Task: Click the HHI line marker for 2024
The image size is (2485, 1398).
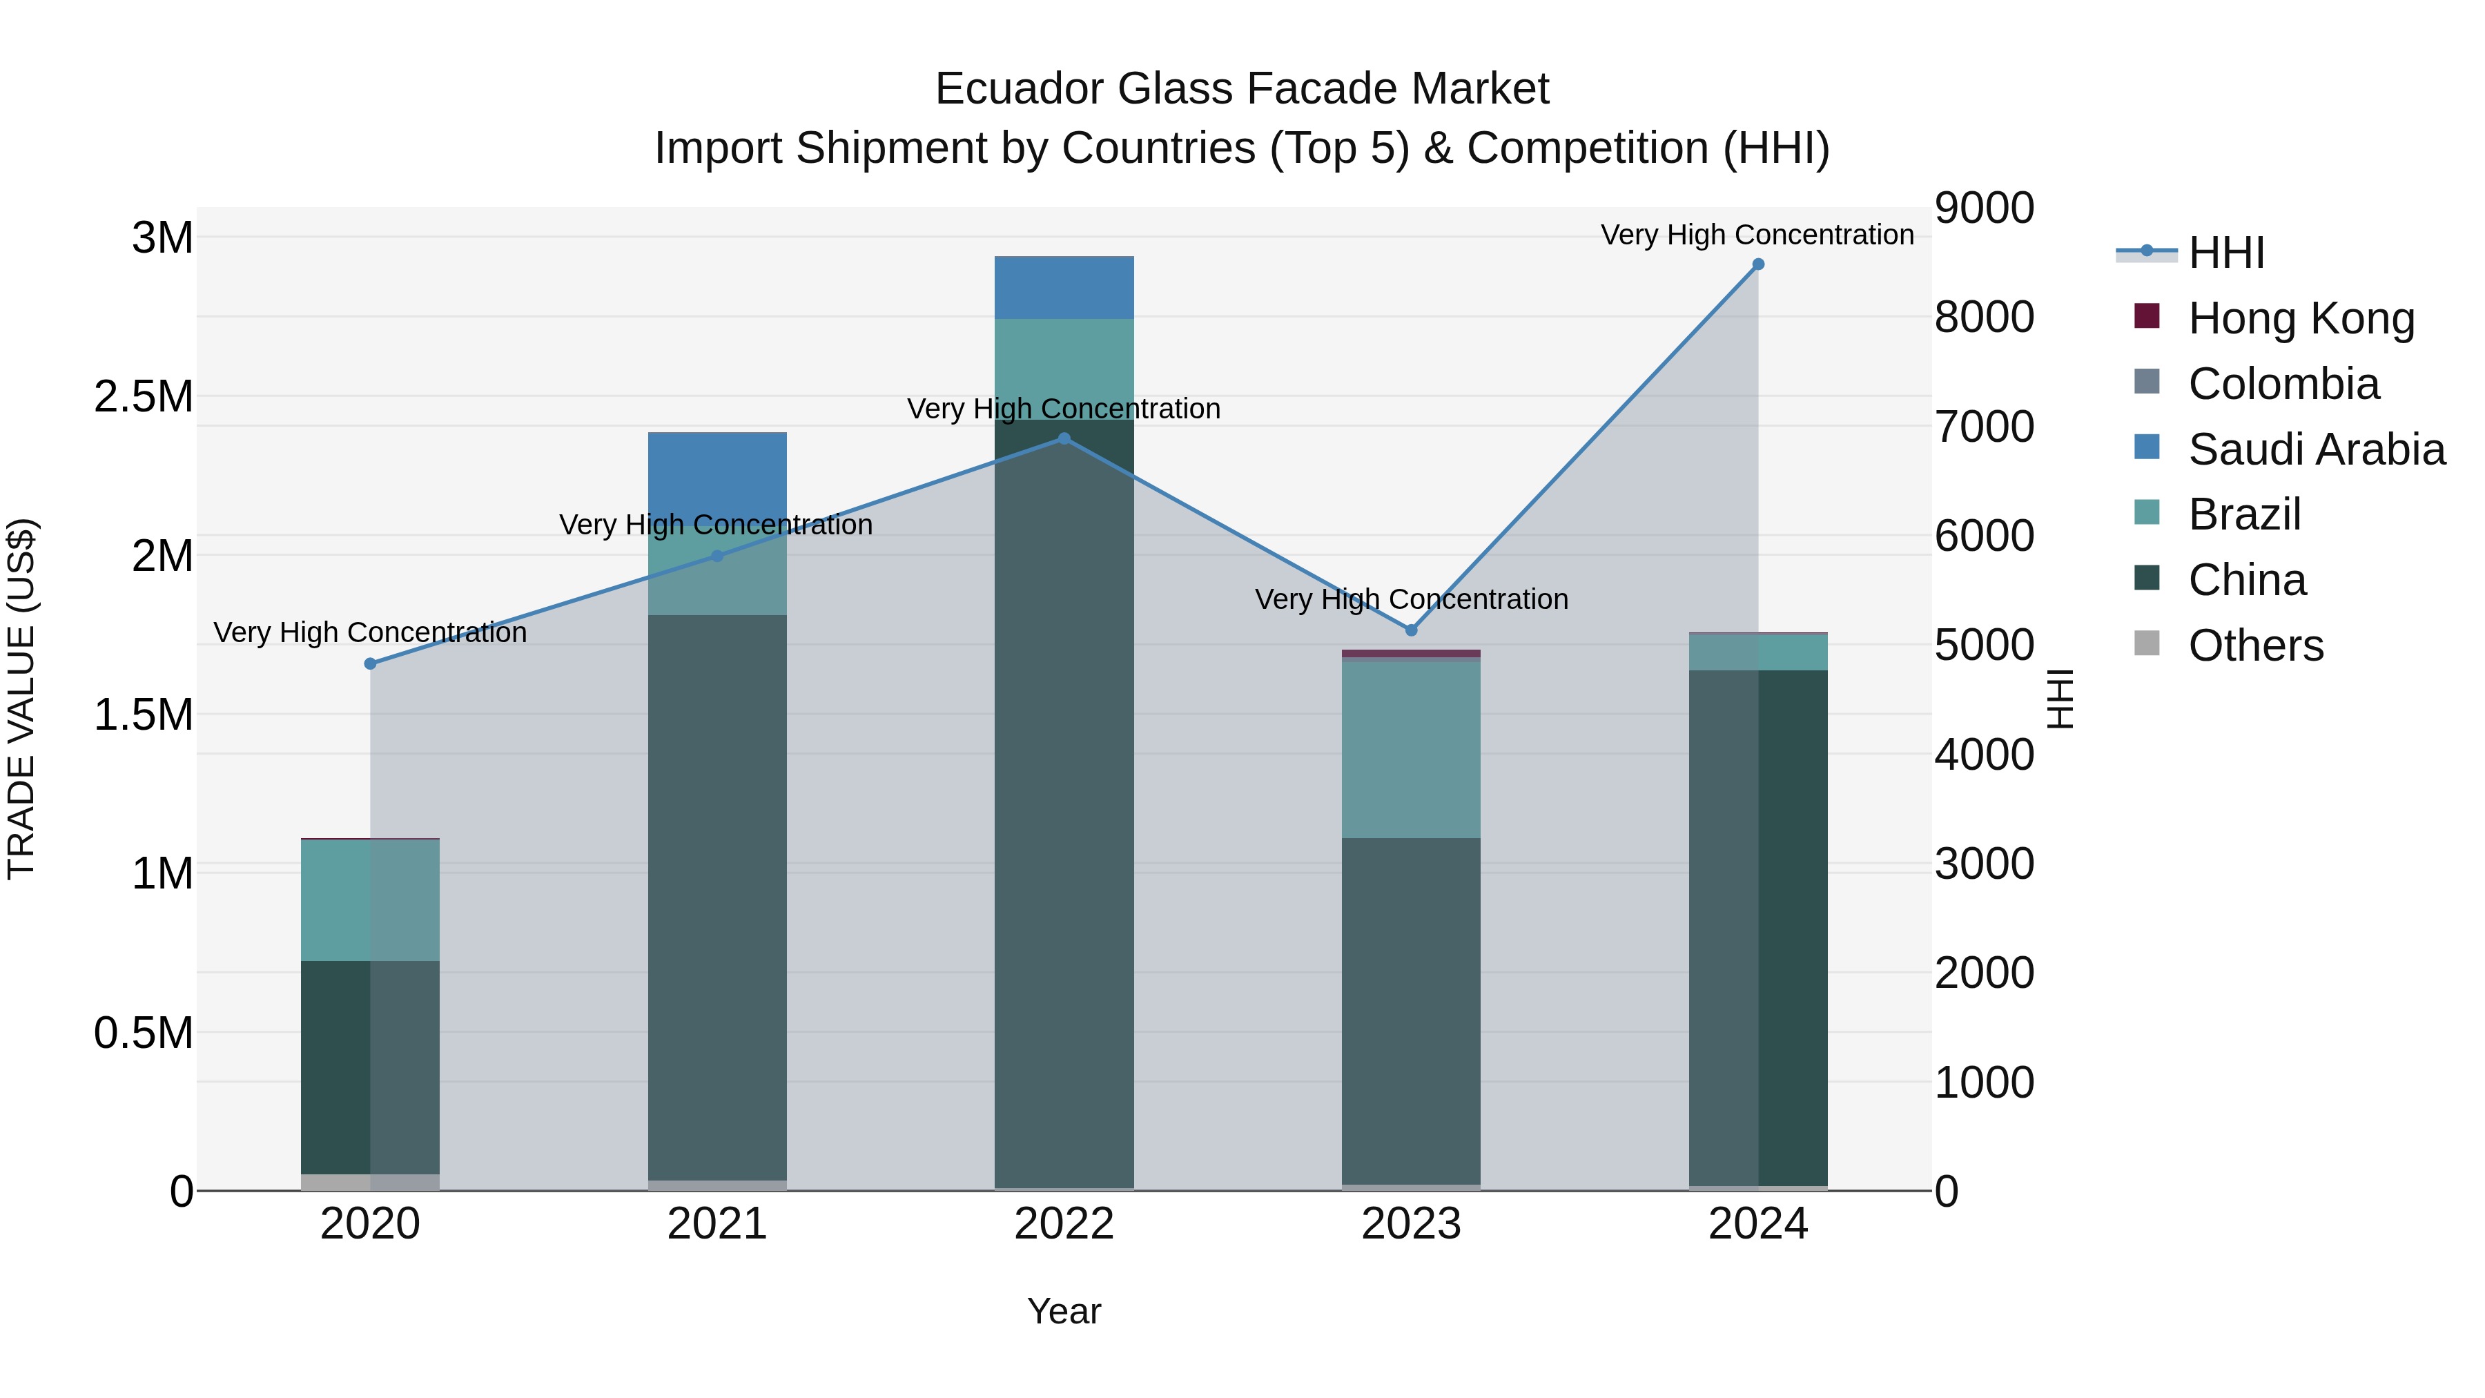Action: pos(1757,264)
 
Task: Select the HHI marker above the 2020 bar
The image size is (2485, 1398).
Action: pos(371,663)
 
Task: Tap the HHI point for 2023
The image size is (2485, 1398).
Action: pos(1412,630)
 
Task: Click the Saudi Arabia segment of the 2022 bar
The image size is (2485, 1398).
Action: pos(1064,287)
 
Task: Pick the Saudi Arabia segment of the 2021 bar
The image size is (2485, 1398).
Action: pos(717,473)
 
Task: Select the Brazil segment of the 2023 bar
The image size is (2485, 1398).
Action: pos(1412,748)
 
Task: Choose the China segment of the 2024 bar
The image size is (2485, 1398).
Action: pos(1757,926)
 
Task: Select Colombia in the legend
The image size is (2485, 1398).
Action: pos(2283,384)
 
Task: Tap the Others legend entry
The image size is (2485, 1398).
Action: pos(2255,645)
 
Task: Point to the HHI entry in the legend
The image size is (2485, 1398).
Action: pos(2226,253)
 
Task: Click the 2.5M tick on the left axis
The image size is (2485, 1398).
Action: pos(144,396)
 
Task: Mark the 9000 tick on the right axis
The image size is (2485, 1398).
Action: pos(1985,208)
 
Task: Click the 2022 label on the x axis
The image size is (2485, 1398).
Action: pos(1064,1224)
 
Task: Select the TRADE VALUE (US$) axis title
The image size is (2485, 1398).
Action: pos(21,699)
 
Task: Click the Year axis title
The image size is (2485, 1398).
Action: pos(1064,1311)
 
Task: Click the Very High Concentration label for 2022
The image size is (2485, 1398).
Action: pos(1064,409)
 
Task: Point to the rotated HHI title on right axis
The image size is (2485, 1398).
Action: pos(2060,699)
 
